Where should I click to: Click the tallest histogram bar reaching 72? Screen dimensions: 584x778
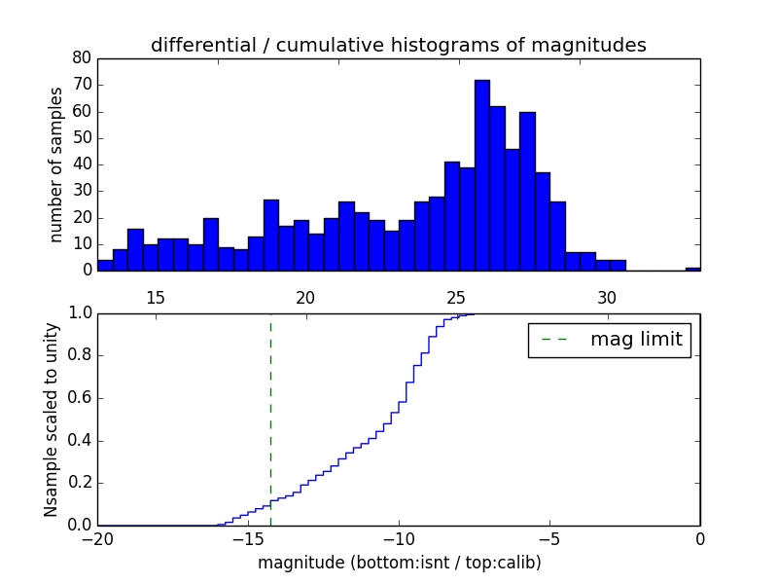pos(482,175)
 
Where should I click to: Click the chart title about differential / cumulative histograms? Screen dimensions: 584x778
pos(398,46)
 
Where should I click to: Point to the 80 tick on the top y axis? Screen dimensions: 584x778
pos(82,57)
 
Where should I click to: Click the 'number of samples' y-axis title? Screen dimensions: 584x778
pos(56,164)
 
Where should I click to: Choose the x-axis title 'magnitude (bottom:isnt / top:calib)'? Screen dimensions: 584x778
pos(399,563)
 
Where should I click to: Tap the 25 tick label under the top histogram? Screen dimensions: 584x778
pos(456,298)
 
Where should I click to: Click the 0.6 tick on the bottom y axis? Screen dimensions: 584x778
pos(79,398)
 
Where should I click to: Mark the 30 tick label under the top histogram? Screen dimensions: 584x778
pos(607,298)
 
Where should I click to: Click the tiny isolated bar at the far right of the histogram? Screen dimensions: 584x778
pos(692,269)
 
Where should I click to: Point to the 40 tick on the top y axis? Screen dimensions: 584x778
pos(82,164)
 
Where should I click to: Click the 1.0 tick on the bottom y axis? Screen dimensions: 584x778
pos(79,313)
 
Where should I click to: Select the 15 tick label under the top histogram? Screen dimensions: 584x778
pos(155,298)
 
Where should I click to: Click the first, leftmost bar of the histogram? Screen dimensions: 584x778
pos(105,266)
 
